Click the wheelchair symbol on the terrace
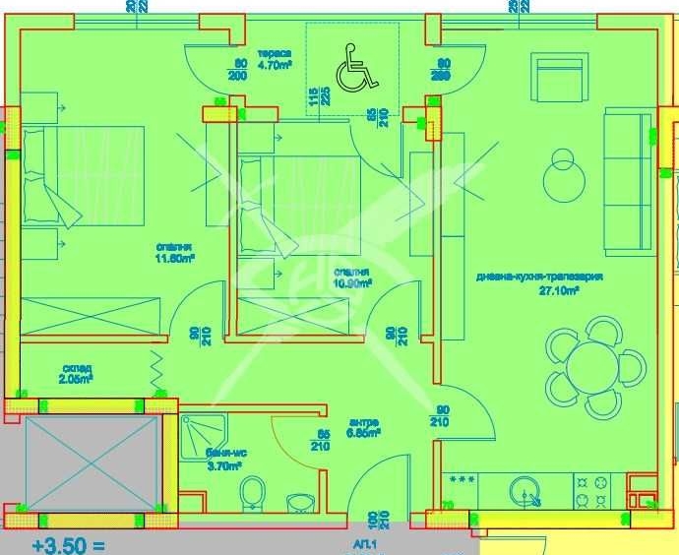click(x=352, y=72)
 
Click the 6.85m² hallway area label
click(x=363, y=430)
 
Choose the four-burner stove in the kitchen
click(x=591, y=489)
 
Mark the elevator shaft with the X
click(x=91, y=462)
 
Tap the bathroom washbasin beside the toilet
click(x=300, y=502)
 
